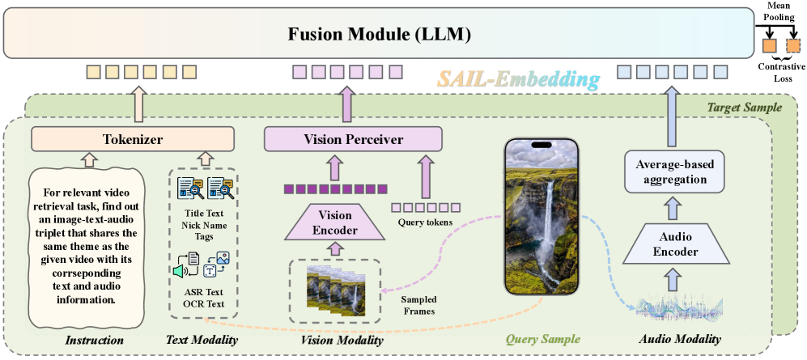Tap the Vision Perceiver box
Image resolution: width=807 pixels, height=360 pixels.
(353, 139)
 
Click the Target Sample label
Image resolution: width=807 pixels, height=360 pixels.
(745, 107)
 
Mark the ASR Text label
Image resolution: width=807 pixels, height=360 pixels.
(202, 290)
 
